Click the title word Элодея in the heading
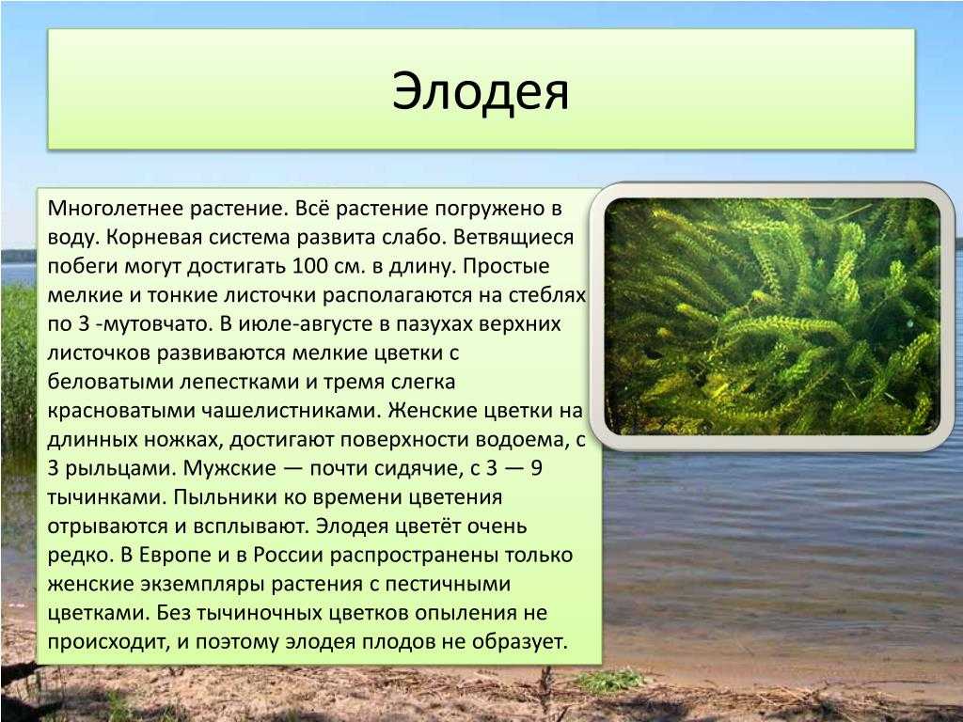(481, 91)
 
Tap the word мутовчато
(155, 324)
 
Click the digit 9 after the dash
(536, 468)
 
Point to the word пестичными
(448, 584)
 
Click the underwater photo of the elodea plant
(772, 316)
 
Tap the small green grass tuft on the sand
(609, 680)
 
